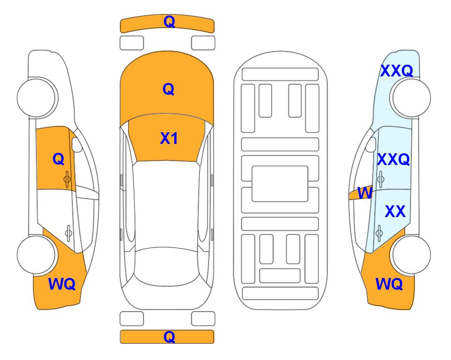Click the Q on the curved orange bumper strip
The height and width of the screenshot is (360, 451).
click(x=169, y=22)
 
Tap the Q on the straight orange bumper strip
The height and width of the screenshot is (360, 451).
click(x=169, y=337)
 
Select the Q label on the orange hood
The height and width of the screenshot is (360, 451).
click(x=168, y=89)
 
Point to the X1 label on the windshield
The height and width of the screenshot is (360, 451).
click(x=169, y=138)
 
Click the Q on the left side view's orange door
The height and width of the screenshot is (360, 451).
click(x=59, y=159)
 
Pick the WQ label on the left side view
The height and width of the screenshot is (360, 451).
click(x=62, y=284)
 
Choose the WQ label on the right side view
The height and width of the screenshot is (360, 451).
click(x=389, y=284)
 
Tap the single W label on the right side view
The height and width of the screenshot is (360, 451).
click(x=365, y=193)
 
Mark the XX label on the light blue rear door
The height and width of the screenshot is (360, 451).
click(x=395, y=211)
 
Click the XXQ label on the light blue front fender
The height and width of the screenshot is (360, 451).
click(x=397, y=71)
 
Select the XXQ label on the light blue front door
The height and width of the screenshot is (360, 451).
click(x=393, y=159)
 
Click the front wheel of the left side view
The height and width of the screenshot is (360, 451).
click(x=37, y=97)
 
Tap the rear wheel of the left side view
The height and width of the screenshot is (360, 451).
click(x=37, y=255)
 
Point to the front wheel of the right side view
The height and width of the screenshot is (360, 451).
click(x=411, y=97)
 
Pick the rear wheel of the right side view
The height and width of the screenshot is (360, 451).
click(x=411, y=255)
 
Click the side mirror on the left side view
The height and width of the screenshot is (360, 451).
click(x=77, y=144)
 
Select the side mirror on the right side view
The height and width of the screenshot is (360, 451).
click(x=371, y=144)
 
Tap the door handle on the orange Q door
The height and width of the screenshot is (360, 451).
click(x=67, y=179)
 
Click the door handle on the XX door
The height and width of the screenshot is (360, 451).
click(x=379, y=233)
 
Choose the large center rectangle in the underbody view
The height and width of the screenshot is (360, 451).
click(x=280, y=184)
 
